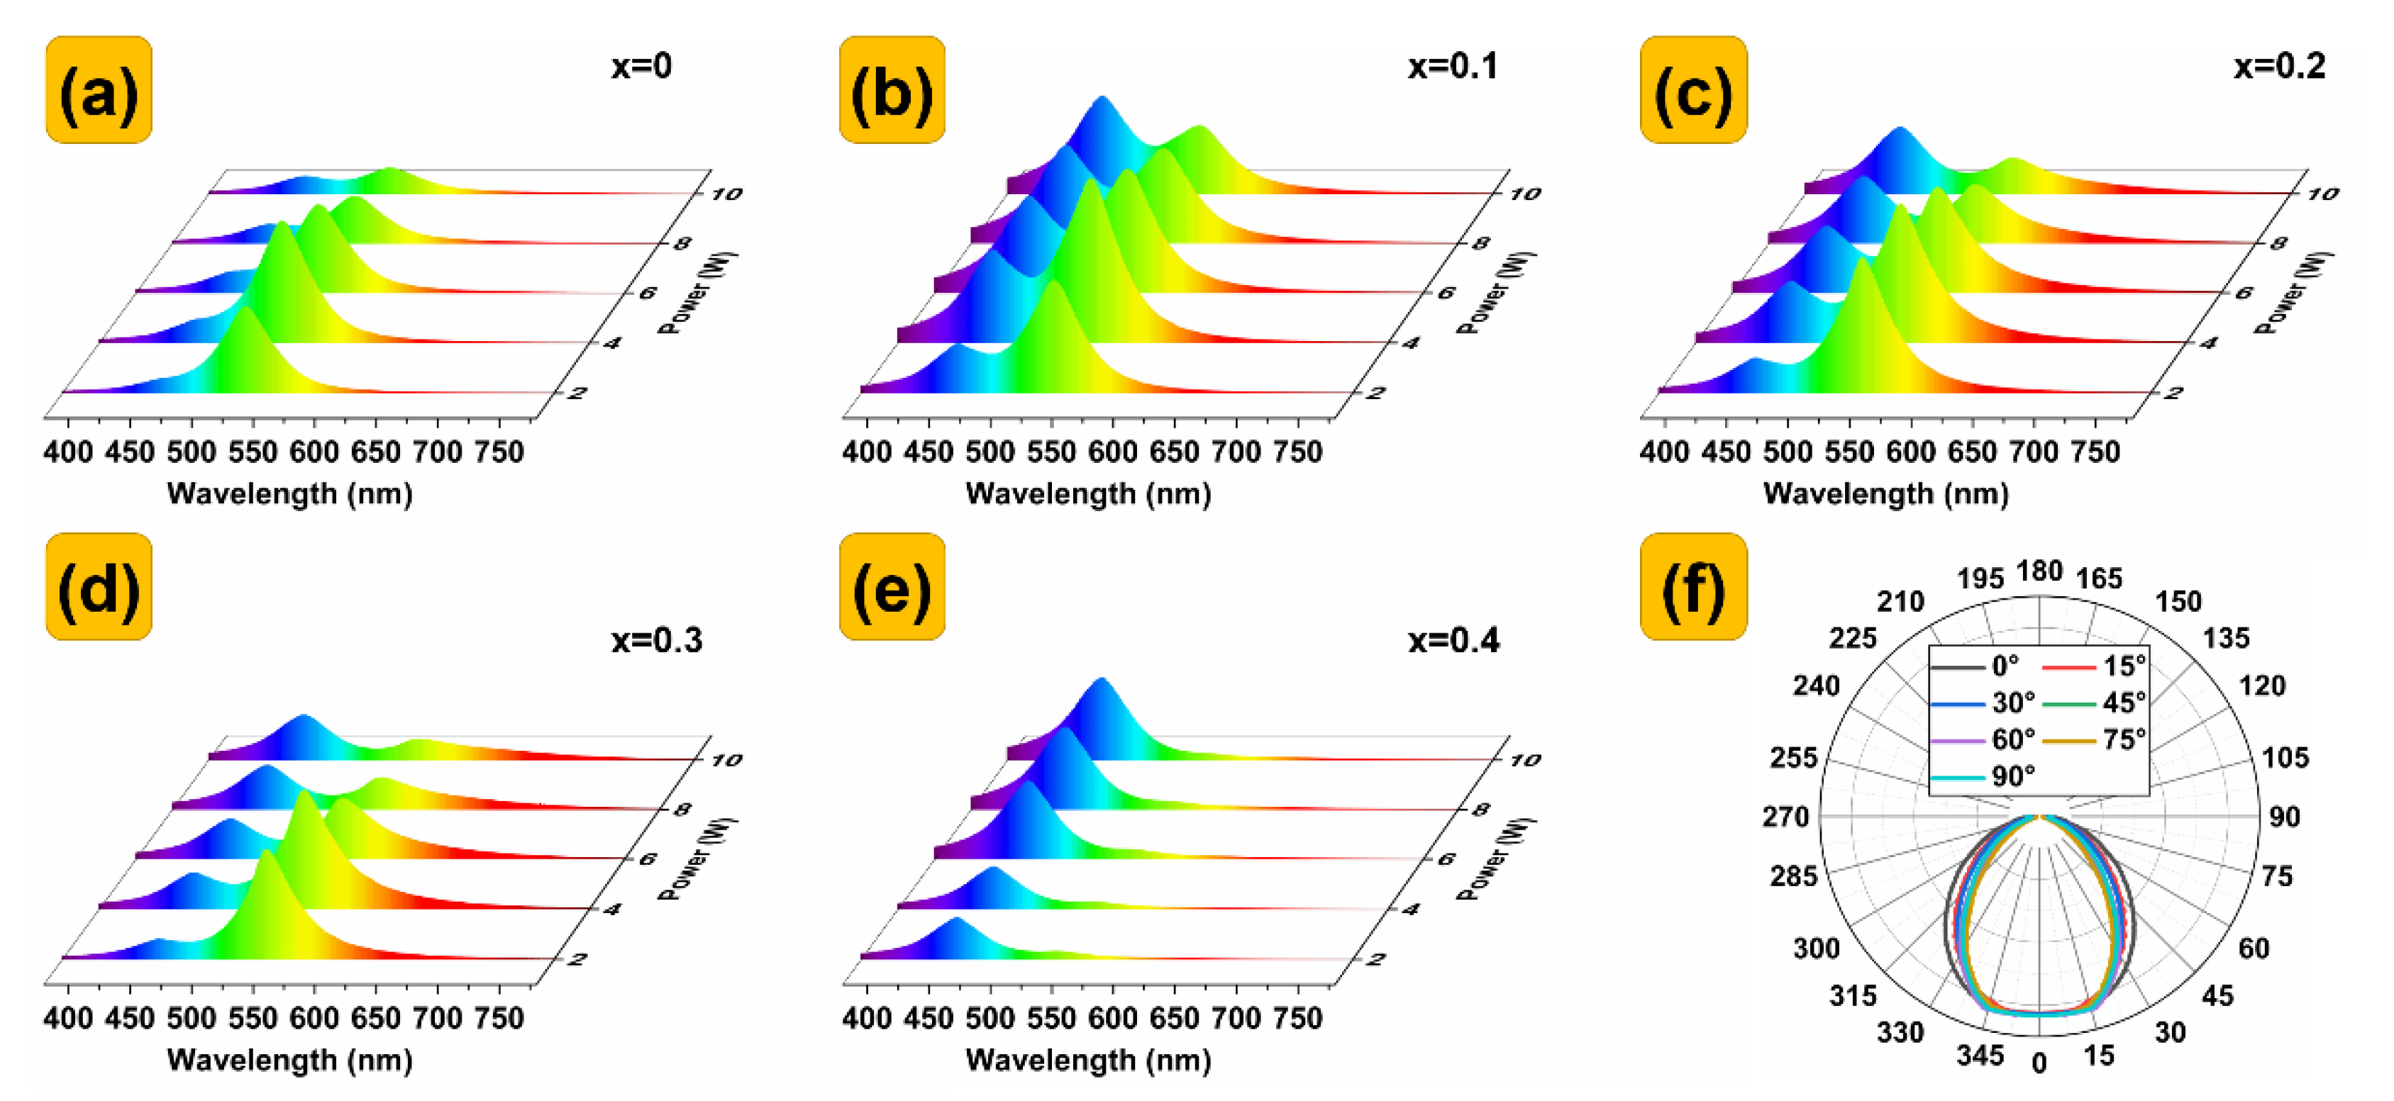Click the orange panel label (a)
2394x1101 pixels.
(99, 90)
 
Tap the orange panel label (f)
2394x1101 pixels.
(1693, 586)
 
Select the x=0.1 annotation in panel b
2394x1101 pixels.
(1453, 66)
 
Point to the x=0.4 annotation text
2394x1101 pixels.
(1453, 640)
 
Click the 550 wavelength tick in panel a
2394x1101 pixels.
(253, 452)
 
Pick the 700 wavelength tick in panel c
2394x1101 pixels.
(2034, 452)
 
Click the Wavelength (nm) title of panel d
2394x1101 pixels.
(290, 1060)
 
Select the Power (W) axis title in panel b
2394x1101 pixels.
(1495, 293)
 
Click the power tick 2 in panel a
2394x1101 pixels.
(577, 393)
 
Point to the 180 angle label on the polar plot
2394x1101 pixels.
(2039, 571)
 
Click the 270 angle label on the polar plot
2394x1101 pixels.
(1785, 817)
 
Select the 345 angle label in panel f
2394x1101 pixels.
(1980, 1056)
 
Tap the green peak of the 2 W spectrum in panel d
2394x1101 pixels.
(267, 853)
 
